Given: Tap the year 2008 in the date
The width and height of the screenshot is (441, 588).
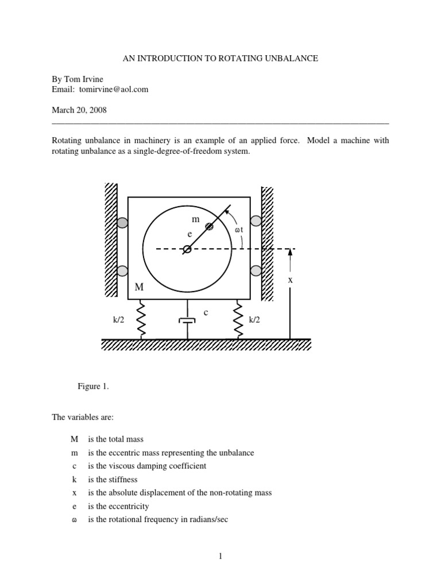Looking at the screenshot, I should point(96,109).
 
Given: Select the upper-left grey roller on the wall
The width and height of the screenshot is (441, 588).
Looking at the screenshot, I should point(122,223).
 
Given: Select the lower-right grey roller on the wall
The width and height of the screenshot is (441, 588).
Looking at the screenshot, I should point(256,270).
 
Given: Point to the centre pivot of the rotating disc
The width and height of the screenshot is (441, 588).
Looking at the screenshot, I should point(187,249).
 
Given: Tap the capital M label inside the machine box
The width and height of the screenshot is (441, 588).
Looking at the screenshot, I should point(139,287).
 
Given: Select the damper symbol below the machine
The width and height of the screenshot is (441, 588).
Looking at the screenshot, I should point(188,322).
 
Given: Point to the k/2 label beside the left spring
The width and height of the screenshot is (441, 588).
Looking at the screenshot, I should point(119,319).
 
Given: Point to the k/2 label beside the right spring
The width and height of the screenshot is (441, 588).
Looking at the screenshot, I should point(254,319).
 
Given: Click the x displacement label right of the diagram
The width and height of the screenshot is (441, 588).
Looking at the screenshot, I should point(291,280).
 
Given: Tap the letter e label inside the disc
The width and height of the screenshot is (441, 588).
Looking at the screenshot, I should point(188,235).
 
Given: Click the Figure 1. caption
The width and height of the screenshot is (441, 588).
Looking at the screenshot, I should point(93,386).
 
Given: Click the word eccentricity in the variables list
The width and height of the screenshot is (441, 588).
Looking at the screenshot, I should point(126,506).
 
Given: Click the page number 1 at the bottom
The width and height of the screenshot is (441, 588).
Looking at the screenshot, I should point(220,555).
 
